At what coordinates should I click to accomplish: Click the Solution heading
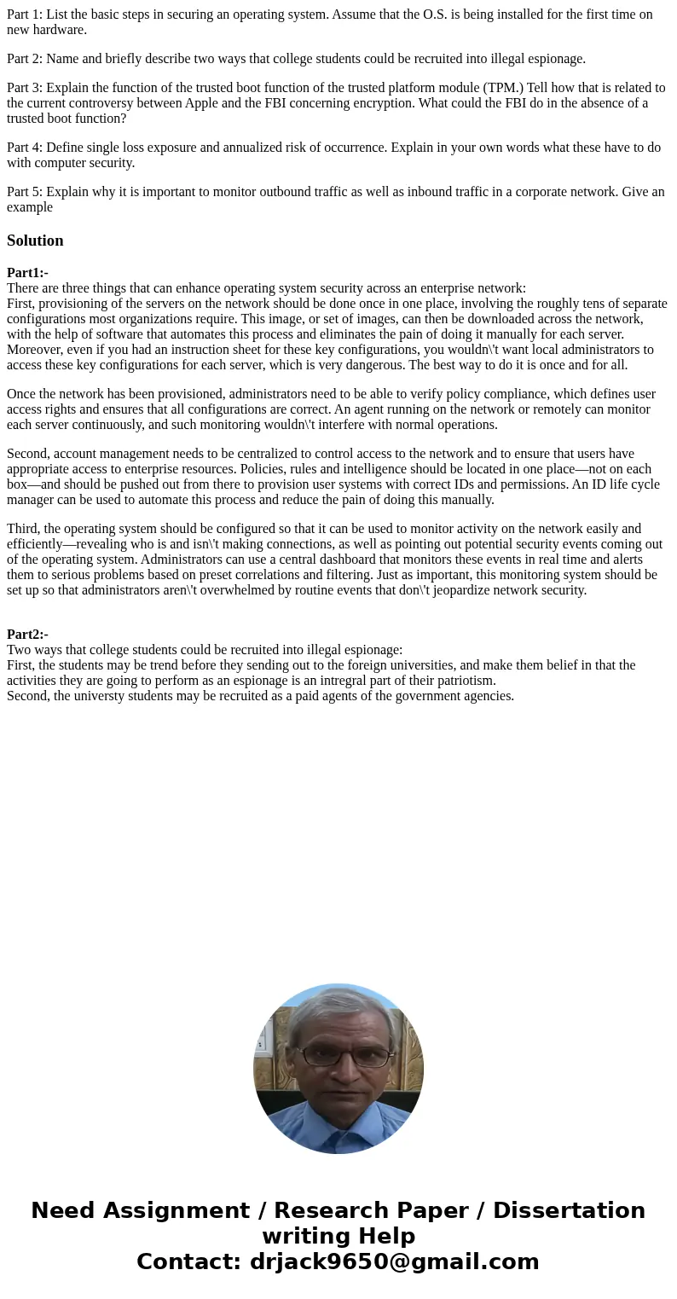(35, 241)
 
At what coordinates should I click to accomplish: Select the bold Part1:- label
(27, 273)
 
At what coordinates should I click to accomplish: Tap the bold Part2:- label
(27, 635)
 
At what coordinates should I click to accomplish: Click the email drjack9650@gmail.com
(394, 1261)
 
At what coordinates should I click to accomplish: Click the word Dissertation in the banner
(569, 1210)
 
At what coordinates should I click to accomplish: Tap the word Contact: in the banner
(188, 1261)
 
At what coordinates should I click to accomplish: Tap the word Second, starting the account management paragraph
(28, 454)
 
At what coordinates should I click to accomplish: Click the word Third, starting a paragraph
(24, 529)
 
